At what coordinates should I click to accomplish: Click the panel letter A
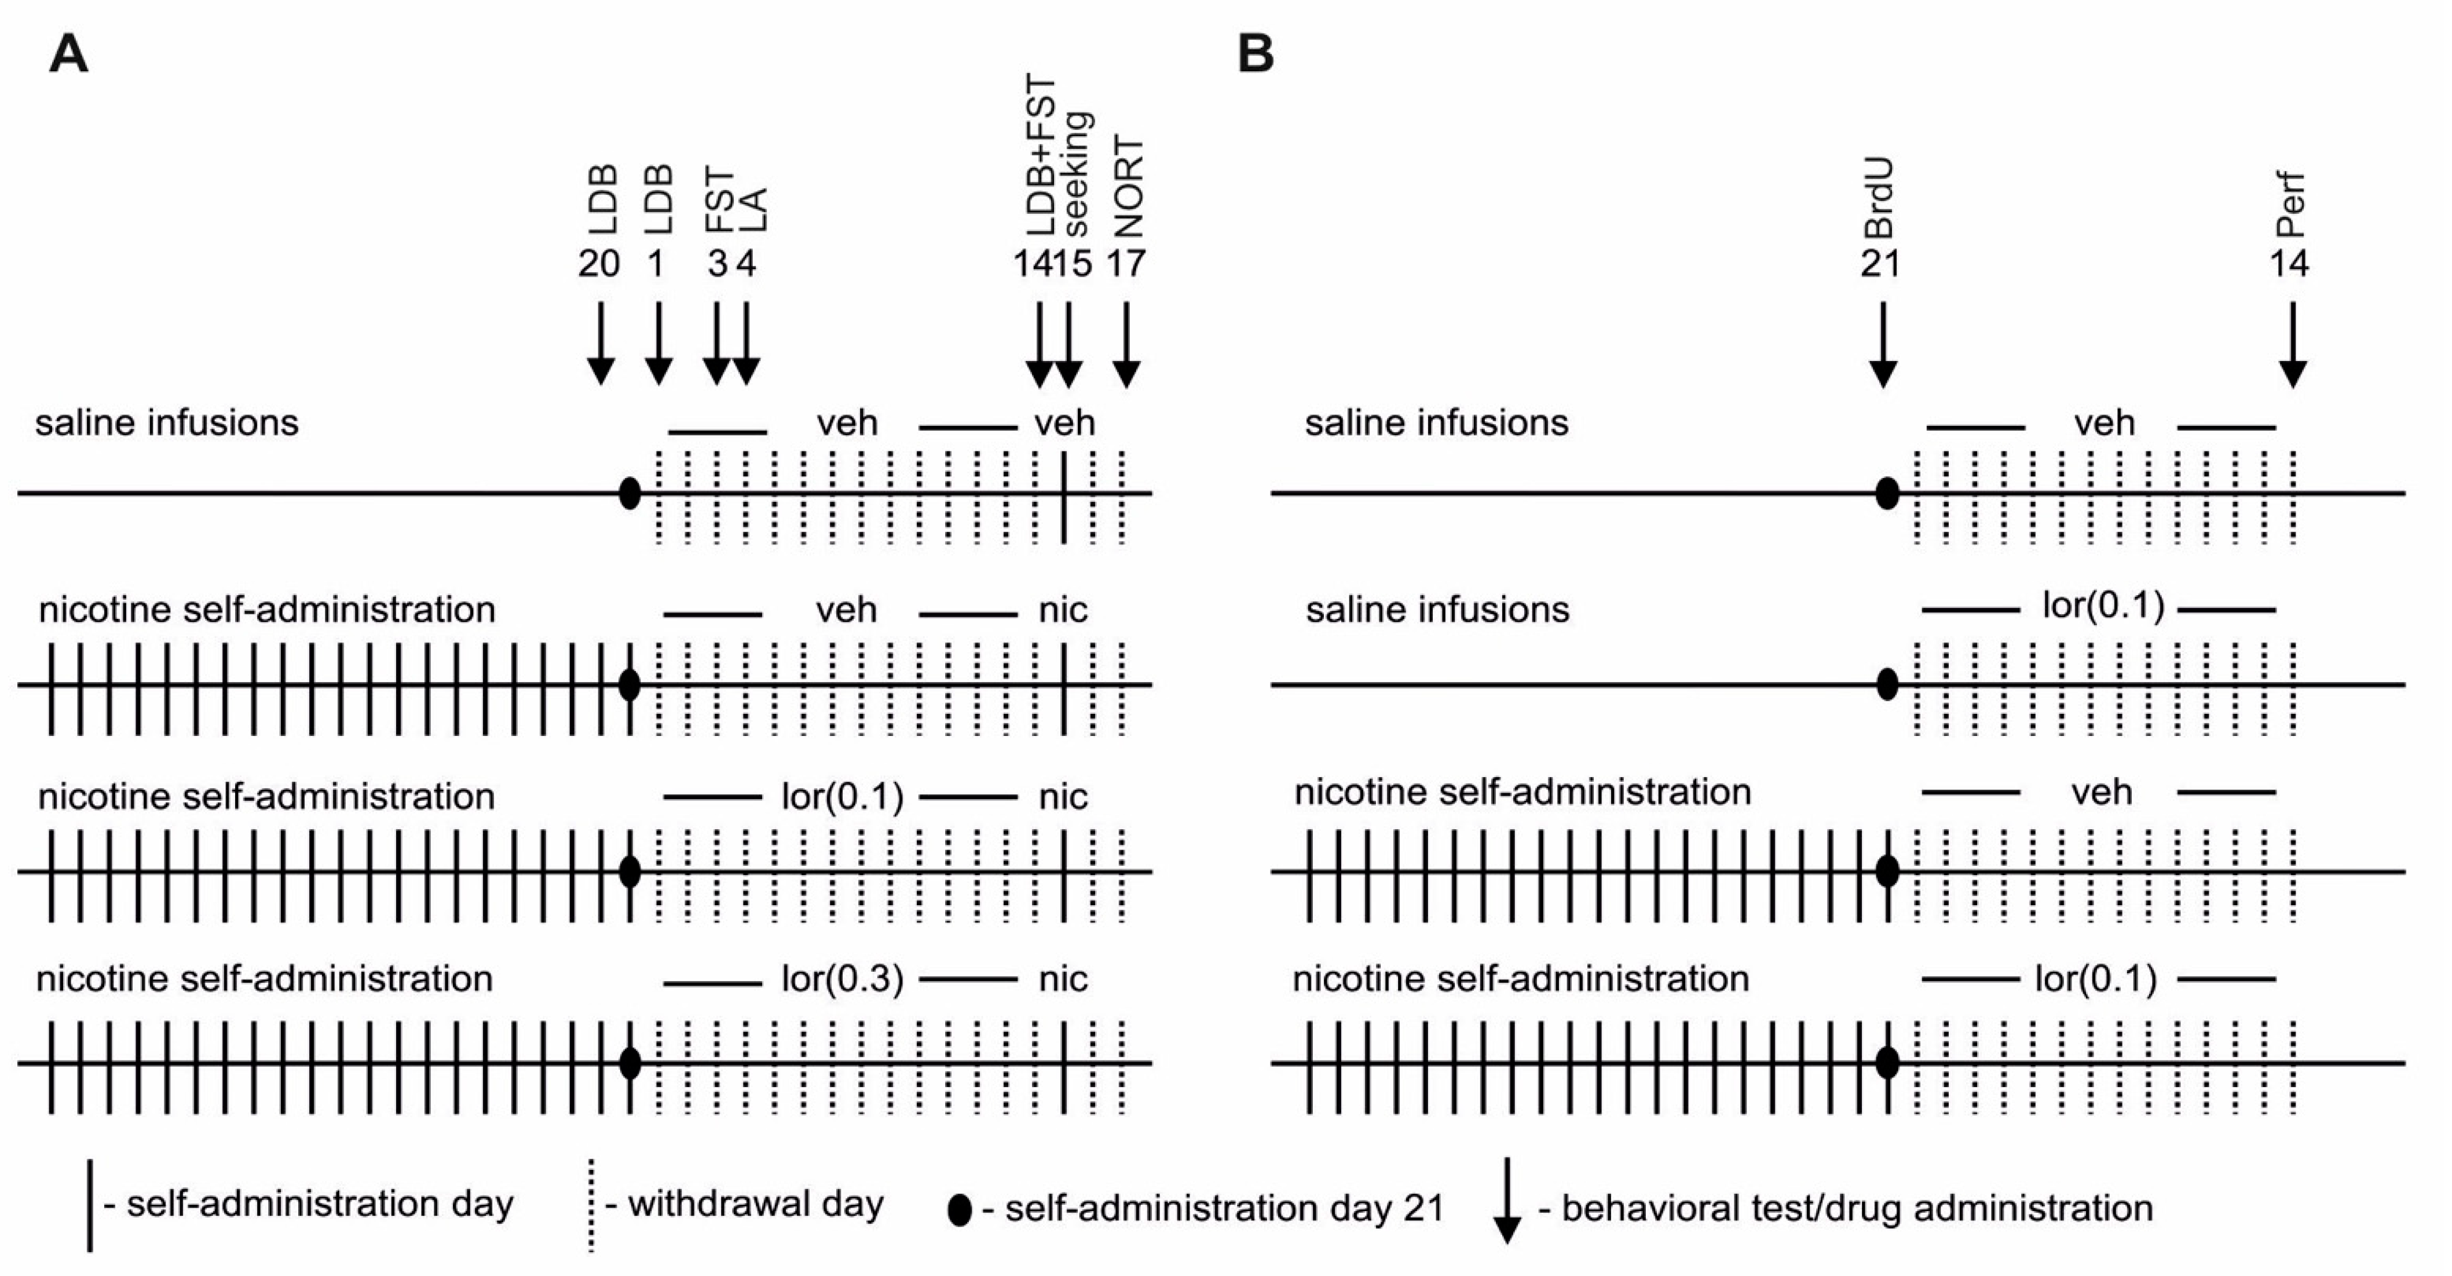pos(68,55)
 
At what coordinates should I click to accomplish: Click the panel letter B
pos(1256,55)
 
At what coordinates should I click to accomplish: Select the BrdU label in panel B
pos(1879,200)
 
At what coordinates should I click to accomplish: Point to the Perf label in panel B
pos(2289,205)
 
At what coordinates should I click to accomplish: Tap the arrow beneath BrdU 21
pos(1882,345)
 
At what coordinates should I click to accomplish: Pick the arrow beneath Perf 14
pos(2292,345)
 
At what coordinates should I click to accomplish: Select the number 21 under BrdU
pos(1880,264)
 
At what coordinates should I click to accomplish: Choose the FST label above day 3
pos(720,200)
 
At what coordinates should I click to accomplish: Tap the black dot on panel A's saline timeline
pos(629,493)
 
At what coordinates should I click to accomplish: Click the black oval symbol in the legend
pos(960,1209)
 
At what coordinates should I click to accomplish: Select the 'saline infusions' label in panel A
pos(167,422)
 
